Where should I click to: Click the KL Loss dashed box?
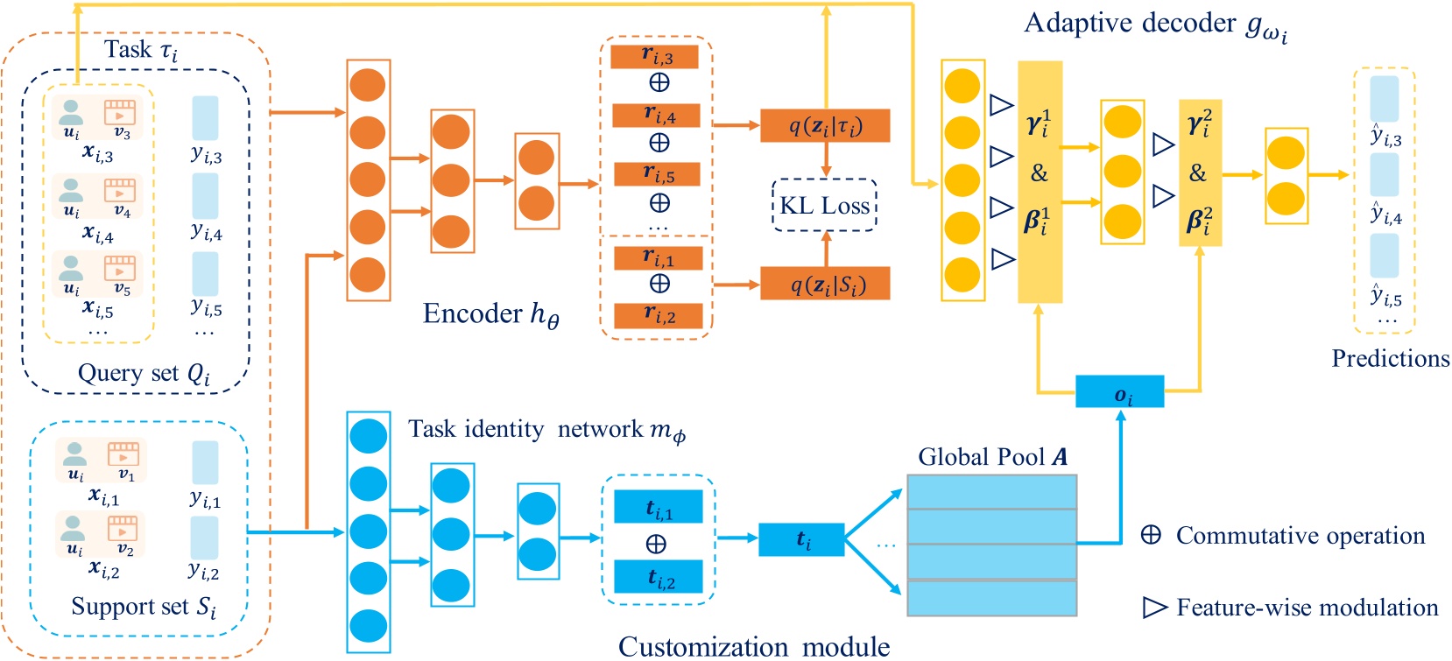coord(824,206)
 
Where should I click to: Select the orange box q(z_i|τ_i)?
coord(825,126)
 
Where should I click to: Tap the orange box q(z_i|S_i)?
coord(825,284)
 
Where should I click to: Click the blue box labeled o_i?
coord(1119,391)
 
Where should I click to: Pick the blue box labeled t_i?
coord(801,539)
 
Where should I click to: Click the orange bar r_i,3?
coord(655,57)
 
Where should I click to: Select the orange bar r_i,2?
coord(658,316)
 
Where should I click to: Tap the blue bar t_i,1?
coord(658,507)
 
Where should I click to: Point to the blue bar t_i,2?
coord(658,577)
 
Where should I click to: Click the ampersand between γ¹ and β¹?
coord(1040,173)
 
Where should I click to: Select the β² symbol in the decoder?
coord(1198,219)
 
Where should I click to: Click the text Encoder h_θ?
coord(490,314)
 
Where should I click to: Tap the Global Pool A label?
coord(992,457)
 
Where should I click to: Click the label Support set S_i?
coord(144,607)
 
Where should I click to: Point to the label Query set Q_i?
coord(144,374)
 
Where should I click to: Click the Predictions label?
coord(1390,359)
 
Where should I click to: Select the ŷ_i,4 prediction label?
coord(1386,214)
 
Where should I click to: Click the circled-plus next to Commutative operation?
coord(1151,535)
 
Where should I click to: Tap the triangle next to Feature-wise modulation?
coord(1155,607)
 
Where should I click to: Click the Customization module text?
coord(753,647)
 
